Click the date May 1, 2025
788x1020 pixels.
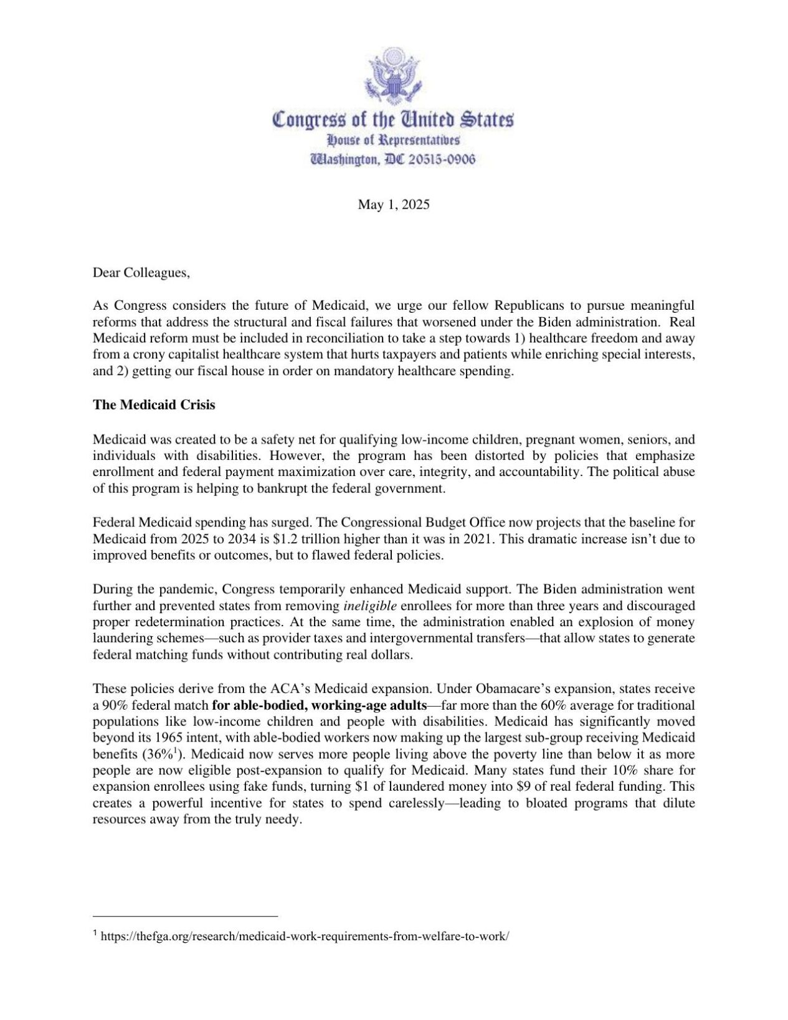click(x=394, y=204)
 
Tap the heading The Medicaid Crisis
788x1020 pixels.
click(x=154, y=404)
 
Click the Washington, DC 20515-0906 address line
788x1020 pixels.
click(x=394, y=160)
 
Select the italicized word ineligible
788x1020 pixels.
click(x=369, y=606)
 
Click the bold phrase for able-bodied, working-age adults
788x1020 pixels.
click(x=320, y=705)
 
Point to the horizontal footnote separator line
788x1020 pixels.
click(x=185, y=916)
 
